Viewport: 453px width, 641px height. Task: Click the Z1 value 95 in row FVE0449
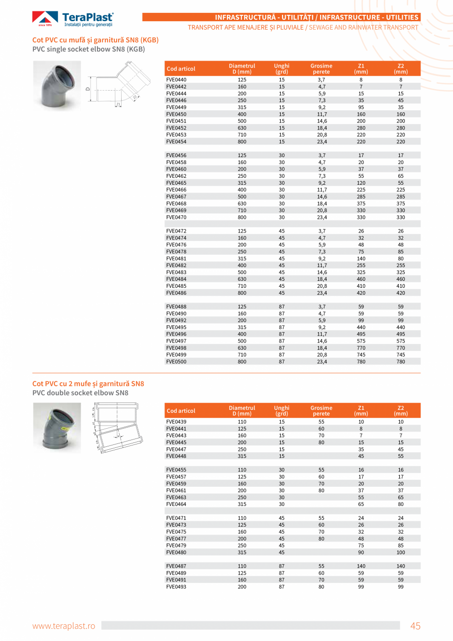(361, 107)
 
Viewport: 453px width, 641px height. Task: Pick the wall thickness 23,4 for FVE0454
(322, 141)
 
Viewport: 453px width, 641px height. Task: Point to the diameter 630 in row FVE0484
(242, 279)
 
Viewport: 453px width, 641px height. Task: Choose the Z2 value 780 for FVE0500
(401, 361)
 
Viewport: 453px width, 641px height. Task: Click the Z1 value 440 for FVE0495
(361, 327)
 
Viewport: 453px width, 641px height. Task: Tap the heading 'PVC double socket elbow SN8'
(80, 393)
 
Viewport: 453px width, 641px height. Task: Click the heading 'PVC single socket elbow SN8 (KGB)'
(89, 49)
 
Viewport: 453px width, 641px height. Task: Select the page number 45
(415, 626)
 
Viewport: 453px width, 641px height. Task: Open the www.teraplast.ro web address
(64, 626)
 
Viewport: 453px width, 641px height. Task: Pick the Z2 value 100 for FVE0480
(401, 552)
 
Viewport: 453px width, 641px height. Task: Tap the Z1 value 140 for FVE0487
(361, 566)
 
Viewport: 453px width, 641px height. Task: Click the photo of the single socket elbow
(57, 86)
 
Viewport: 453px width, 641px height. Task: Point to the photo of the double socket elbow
(57, 427)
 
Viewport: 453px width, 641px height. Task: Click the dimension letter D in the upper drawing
(87, 89)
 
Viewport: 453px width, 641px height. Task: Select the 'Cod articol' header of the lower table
(181, 411)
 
